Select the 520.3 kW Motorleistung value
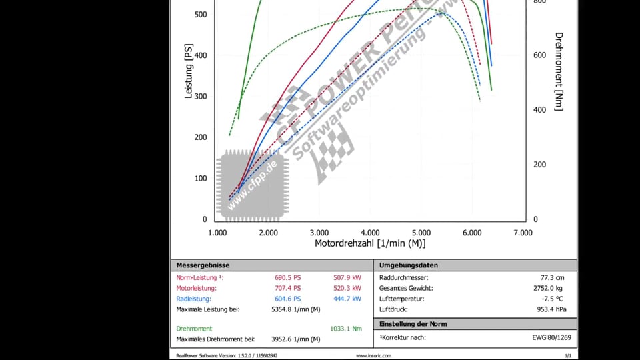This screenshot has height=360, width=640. click(x=347, y=288)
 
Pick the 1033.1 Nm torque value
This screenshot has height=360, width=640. click(x=345, y=329)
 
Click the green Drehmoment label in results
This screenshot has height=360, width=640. click(x=194, y=329)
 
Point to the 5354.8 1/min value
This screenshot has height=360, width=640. click(x=295, y=309)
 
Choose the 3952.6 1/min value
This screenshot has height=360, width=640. click(x=295, y=339)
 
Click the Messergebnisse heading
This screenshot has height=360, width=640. click(x=203, y=265)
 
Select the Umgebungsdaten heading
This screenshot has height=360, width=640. click(x=409, y=265)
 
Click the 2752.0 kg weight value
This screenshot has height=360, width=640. click(x=549, y=288)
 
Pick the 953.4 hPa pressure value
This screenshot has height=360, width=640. click(x=552, y=309)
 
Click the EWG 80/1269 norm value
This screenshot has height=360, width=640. click(x=550, y=337)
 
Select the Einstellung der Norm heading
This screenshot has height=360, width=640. click(x=413, y=324)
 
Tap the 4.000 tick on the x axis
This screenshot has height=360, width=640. click(x=370, y=233)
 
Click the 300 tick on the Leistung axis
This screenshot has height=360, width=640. click(x=200, y=97)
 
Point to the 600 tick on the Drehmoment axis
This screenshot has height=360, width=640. click(x=539, y=55)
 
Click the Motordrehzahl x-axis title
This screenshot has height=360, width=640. click(x=370, y=244)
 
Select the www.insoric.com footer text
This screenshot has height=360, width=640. click(x=373, y=356)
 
